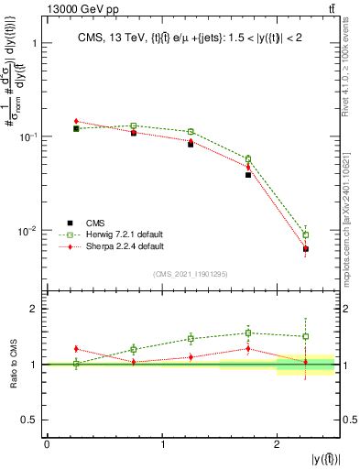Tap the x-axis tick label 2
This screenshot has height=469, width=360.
point(277,444)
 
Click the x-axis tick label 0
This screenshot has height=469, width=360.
point(47,444)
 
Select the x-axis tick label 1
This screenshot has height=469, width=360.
point(162,444)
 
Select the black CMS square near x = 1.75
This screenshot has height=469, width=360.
point(248,174)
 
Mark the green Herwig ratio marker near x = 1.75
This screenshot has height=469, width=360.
point(248,333)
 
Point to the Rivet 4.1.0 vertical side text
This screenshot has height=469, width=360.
point(352,60)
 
